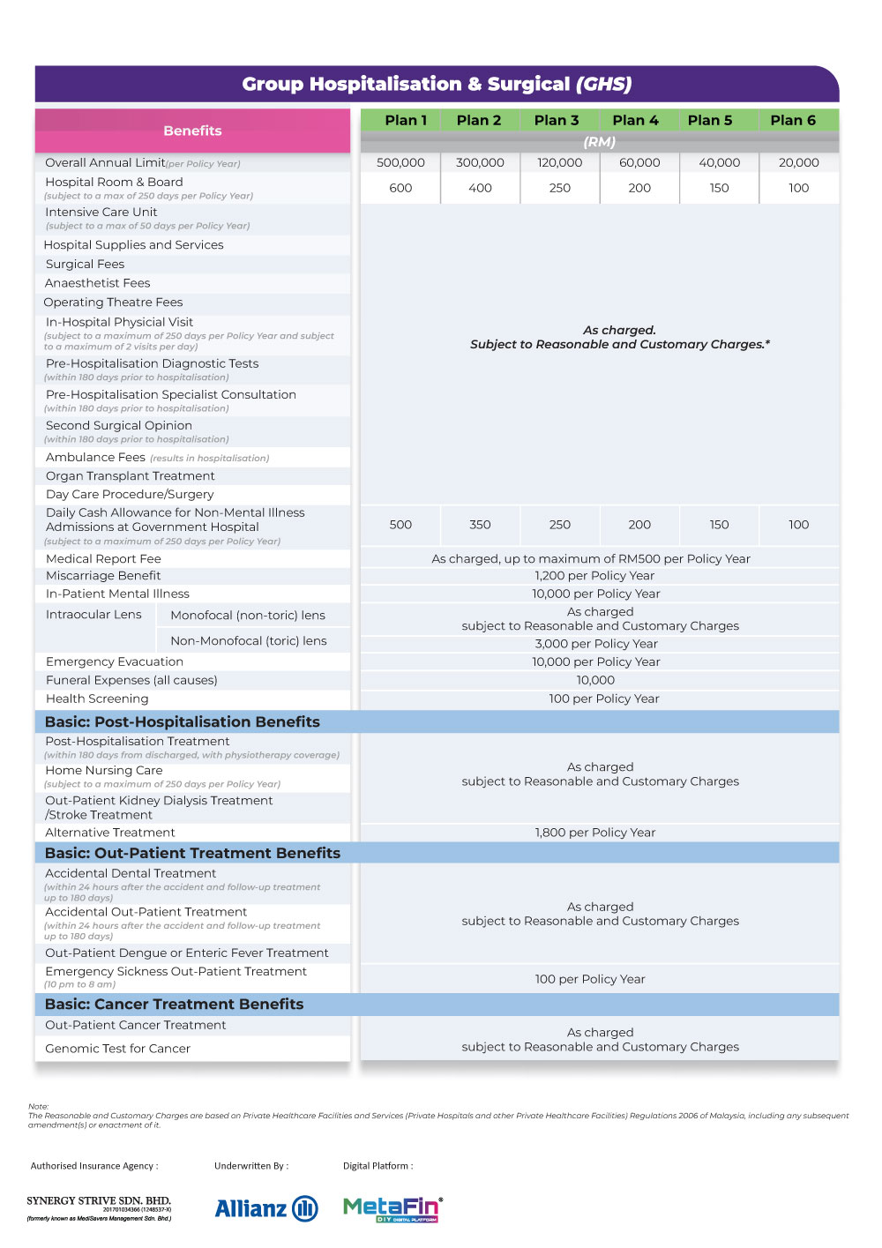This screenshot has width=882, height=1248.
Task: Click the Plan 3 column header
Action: tap(557, 120)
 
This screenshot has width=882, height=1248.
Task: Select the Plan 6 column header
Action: tap(793, 120)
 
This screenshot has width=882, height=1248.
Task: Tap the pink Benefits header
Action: tap(192, 131)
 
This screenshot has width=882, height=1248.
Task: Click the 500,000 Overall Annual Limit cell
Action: tap(400, 162)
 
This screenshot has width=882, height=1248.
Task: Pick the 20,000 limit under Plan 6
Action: tap(798, 162)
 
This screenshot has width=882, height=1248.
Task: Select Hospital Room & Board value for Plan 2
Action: tap(480, 188)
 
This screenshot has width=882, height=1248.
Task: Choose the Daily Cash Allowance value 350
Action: tap(480, 525)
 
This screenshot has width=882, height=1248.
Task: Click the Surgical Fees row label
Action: tap(86, 264)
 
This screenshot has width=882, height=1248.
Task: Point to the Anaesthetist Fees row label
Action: tap(98, 283)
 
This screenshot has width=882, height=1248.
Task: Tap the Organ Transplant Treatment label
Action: tap(131, 475)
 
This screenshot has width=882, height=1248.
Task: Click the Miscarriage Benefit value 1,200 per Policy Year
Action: tap(594, 576)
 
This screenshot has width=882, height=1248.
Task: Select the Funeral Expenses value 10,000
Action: tap(595, 680)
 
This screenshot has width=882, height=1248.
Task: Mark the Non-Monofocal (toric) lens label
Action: tap(249, 641)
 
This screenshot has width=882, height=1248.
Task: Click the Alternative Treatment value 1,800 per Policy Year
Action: tap(595, 833)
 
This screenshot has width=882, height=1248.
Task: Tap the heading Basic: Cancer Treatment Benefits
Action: tap(175, 1004)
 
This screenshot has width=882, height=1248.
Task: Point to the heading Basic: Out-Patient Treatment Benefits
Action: tap(193, 853)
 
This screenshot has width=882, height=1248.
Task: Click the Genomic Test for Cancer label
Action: tap(118, 1049)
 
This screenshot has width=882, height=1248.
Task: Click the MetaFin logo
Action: tap(392, 1208)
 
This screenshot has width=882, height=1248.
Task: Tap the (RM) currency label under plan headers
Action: tap(600, 142)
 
